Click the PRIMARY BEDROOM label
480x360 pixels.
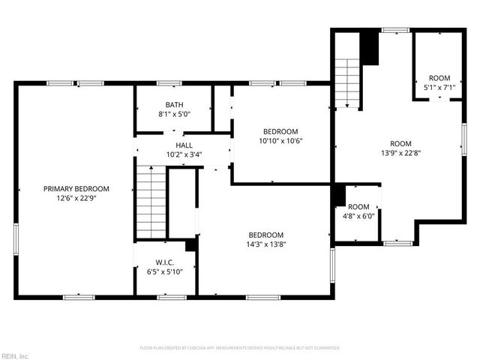(x=76, y=188)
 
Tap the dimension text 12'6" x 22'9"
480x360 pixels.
(x=76, y=198)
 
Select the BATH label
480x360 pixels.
(x=175, y=105)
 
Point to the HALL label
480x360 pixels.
(x=184, y=145)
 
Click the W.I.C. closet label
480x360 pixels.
(x=165, y=262)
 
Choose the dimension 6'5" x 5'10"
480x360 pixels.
(x=165, y=271)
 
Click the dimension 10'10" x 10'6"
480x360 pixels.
(x=280, y=140)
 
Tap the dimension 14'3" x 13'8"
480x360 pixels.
(x=265, y=244)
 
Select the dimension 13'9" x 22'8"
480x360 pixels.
(x=400, y=153)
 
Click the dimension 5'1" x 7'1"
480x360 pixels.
(x=439, y=88)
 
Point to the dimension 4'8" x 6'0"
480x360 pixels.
(x=358, y=216)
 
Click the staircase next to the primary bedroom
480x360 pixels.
(x=150, y=202)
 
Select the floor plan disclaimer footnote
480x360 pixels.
(x=240, y=348)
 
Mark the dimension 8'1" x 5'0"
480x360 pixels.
(x=175, y=115)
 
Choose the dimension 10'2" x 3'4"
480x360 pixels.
(x=184, y=154)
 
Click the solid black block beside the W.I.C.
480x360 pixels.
(x=191, y=244)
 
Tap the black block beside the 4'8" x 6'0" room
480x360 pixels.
(x=338, y=194)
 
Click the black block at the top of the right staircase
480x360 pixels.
(x=370, y=48)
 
